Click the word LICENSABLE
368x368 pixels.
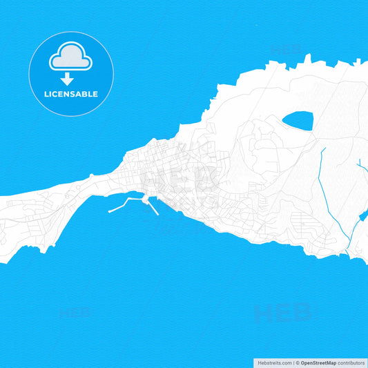(x=71, y=94)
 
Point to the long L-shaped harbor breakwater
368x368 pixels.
(x=127, y=203)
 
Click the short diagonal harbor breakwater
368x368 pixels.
(x=153, y=206)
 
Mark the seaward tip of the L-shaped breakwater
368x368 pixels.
(x=110, y=211)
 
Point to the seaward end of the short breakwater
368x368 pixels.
(x=158, y=214)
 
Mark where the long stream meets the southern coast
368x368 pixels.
(x=347, y=253)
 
